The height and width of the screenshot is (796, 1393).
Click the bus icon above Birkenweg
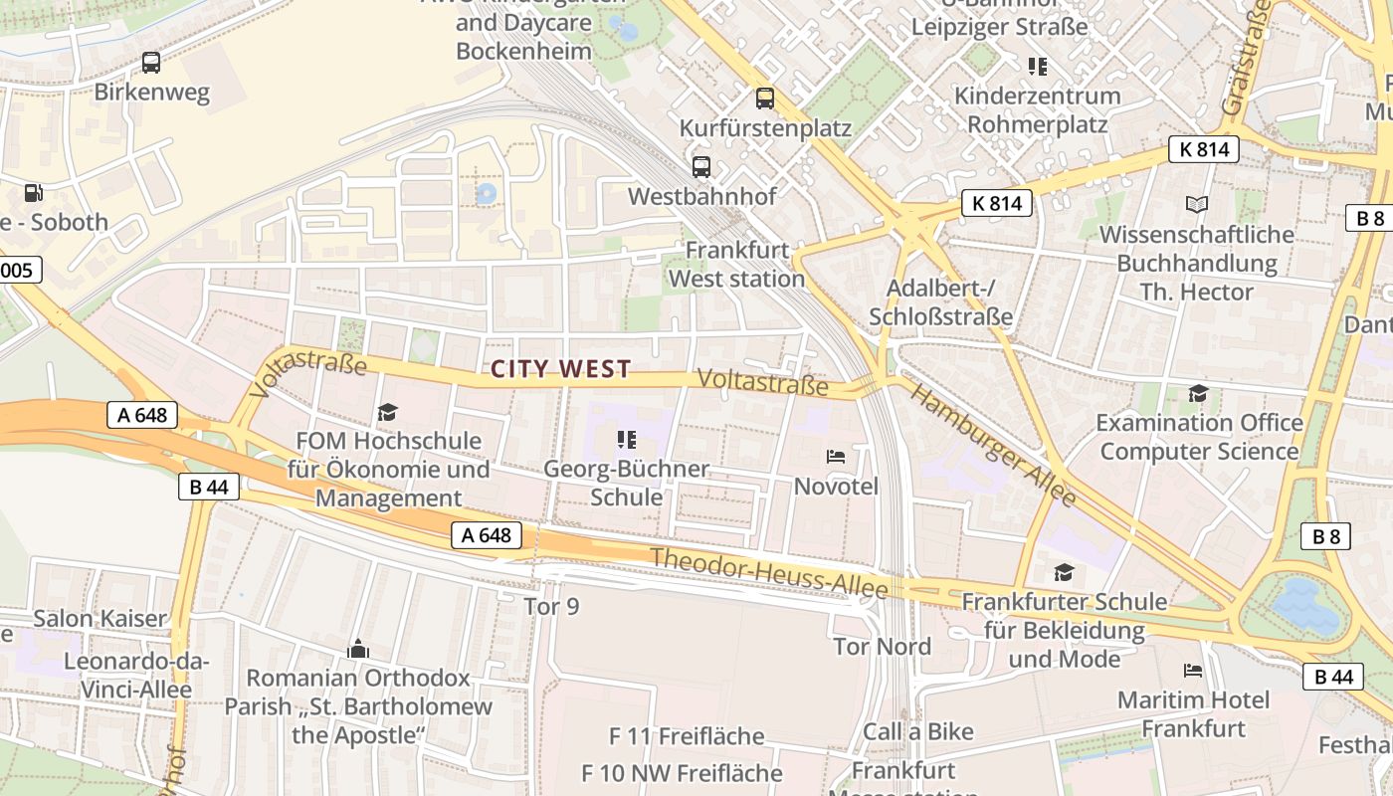click(151, 63)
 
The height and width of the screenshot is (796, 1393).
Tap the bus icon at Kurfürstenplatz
click(764, 99)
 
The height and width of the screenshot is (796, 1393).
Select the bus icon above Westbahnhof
click(701, 166)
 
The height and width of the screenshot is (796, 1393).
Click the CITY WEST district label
click(561, 369)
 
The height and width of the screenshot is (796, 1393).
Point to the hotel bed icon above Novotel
click(836, 457)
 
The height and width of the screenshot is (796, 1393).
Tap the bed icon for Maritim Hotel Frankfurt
click(1193, 670)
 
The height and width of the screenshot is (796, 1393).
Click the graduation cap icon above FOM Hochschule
click(387, 411)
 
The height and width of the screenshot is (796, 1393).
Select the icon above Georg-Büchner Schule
click(626, 439)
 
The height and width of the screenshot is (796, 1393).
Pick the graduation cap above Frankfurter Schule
click(1064, 572)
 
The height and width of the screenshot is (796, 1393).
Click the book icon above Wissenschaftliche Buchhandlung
click(1197, 205)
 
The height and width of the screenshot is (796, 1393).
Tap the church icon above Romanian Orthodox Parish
click(358, 650)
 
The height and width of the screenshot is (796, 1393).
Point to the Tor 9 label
click(551, 606)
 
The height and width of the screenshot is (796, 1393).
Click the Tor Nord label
click(883, 647)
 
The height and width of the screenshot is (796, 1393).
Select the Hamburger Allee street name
click(993, 446)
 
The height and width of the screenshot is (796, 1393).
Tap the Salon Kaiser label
click(100, 618)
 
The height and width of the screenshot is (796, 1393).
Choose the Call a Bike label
click(918, 731)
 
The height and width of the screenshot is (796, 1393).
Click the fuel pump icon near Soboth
click(34, 193)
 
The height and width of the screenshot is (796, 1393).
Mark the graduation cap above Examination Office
click(1198, 394)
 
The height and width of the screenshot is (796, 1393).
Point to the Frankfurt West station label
click(736, 264)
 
